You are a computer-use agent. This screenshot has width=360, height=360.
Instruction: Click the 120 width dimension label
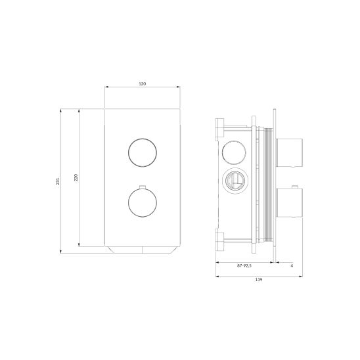pos(143,84)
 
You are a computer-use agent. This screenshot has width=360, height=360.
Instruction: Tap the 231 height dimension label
pos(58,181)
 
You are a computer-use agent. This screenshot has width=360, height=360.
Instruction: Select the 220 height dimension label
pos(76,177)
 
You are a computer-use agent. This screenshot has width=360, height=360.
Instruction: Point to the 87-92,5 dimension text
pos(244,265)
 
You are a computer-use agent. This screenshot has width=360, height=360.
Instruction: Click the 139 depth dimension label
pos(259,279)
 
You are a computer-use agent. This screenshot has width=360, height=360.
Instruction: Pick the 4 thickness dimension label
pos(292,265)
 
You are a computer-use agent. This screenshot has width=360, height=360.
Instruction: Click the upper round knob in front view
pos(143,152)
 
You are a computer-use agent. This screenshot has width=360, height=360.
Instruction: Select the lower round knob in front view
pos(143,203)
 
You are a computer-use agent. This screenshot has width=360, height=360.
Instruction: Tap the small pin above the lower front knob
pos(143,187)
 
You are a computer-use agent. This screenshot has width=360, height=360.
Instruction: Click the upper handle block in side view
pos(290,153)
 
